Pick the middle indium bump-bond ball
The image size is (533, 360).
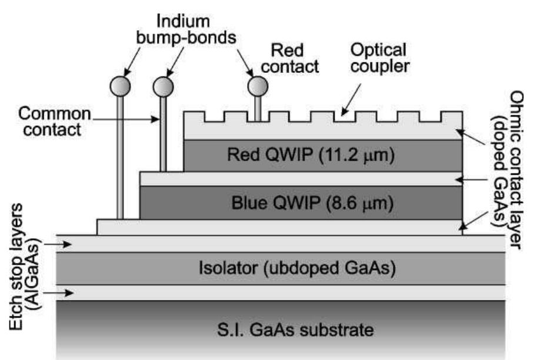point(163,86)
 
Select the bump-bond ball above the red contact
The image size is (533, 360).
point(257,86)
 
